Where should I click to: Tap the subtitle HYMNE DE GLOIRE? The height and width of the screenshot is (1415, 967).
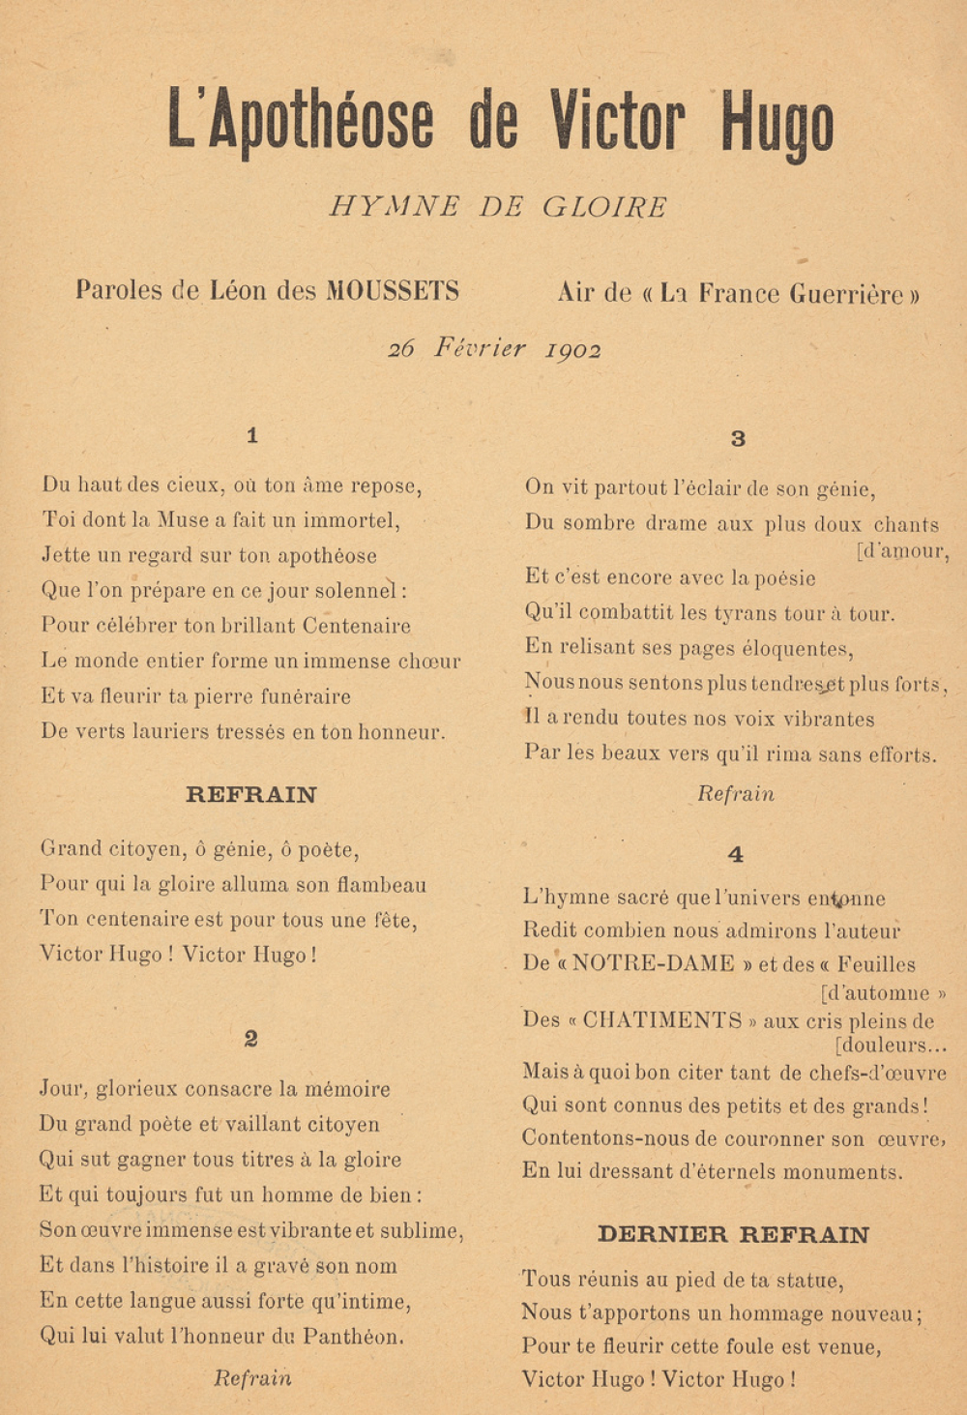pos(498,207)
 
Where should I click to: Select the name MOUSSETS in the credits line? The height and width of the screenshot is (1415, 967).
pos(393,290)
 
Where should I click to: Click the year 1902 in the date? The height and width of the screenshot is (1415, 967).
pos(573,350)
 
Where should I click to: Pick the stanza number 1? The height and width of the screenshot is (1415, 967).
pos(252,435)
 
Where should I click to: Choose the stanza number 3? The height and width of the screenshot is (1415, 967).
pos(738,439)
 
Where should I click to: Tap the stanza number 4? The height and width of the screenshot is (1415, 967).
pos(736,854)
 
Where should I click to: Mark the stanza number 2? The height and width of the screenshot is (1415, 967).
pos(251,1039)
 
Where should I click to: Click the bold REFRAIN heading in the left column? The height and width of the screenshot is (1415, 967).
pos(251,795)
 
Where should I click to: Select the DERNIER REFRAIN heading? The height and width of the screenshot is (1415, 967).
pos(733,1234)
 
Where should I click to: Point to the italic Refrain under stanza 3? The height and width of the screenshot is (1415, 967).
pos(736,794)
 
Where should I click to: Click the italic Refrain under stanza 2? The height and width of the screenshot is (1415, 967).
pos(252,1378)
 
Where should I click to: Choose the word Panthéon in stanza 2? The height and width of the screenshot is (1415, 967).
pos(353,1337)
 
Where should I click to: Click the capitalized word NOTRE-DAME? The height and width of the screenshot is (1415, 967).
pos(653,964)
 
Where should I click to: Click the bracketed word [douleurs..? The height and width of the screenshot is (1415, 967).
pos(890,1046)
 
